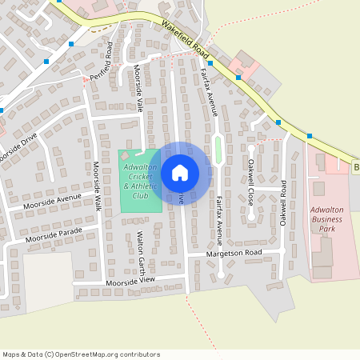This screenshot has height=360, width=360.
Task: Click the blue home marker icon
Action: point(180,172)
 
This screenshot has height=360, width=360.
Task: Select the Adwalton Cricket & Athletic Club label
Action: point(141,181)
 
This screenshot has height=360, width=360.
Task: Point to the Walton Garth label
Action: point(140,250)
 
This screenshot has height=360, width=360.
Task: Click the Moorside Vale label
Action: point(138,88)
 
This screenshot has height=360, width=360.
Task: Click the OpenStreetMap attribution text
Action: point(81,354)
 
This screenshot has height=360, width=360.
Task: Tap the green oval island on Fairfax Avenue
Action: point(218,148)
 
